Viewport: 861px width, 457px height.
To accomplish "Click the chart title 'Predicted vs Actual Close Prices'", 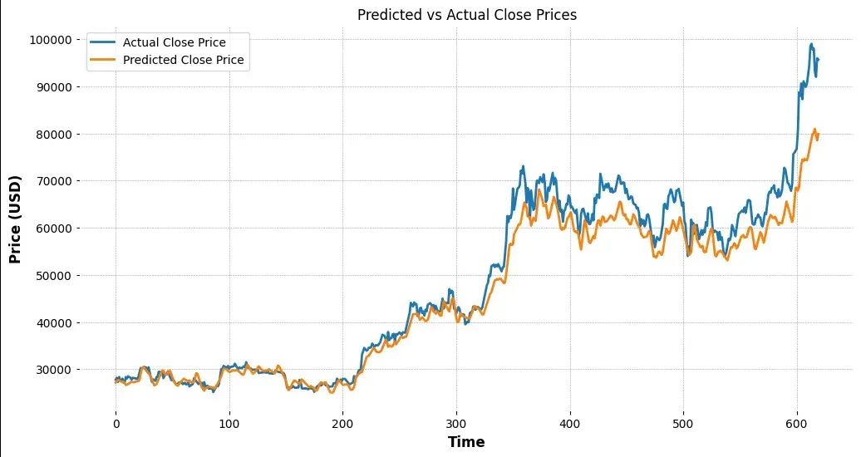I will click(x=466, y=15).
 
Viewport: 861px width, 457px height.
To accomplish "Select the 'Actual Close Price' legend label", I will click(x=174, y=42).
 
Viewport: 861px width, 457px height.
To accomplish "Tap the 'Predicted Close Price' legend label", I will click(x=183, y=60).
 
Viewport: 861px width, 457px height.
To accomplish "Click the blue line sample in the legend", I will click(x=103, y=42).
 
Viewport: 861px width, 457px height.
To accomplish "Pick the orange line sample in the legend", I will click(x=103, y=60).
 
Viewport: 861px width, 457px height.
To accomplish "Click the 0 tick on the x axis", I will click(x=116, y=424).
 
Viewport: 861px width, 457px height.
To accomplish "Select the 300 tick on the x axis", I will click(x=456, y=424).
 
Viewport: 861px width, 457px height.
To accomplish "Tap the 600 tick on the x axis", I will click(x=797, y=424).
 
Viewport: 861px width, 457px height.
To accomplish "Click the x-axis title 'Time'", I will click(x=466, y=442).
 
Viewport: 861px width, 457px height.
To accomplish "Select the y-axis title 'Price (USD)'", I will click(x=15, y=219).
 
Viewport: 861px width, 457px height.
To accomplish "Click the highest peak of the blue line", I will click(x=811, y=44).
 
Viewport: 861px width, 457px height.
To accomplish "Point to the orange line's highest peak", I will click(x=814, y=129).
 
